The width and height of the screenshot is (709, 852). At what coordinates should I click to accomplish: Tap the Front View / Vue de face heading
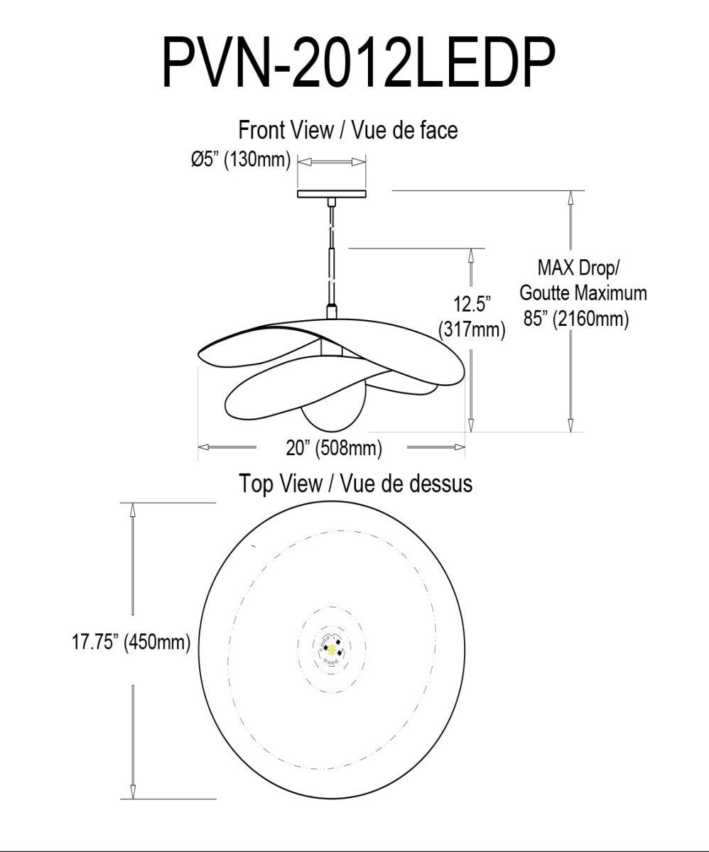347,131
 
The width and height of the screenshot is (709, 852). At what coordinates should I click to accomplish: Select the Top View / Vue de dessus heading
355,484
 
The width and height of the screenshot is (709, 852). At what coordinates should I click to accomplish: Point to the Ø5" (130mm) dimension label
241,161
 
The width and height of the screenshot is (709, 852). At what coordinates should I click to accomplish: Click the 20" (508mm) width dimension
334,448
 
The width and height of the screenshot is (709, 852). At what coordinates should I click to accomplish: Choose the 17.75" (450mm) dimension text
131,643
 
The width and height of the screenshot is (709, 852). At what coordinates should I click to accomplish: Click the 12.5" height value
472,305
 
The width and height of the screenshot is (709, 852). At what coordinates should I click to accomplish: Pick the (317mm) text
472,329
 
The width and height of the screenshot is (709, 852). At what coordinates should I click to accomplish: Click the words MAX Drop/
578,268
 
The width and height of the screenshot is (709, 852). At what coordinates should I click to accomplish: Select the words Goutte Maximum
583,293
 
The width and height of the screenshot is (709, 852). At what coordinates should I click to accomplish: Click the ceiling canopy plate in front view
332,193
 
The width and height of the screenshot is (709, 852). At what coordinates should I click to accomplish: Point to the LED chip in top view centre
330,647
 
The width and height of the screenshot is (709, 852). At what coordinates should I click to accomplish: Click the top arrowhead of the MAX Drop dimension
570,197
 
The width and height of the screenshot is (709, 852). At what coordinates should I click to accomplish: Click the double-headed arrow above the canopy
332,163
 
